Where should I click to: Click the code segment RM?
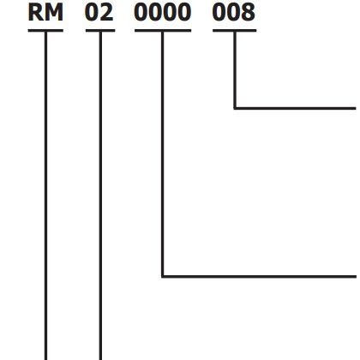tap(45, 13)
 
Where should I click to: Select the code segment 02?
tap(99, 13)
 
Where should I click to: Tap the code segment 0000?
tap(163, 13)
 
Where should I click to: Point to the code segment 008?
tap(234, 13)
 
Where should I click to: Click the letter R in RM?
tap(35, 13)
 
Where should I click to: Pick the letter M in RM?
tap(53, 13)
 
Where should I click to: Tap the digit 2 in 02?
tap(107, 13)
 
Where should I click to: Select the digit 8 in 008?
tap(249, 13)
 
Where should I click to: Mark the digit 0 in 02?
tap(92, 13)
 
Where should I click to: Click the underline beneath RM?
tap(45, 31)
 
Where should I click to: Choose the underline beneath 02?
tap(100, 31)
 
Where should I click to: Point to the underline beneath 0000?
tap(163, 31)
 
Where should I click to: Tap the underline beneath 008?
tap(235, 31)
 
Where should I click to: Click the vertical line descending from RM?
tap(45, 195)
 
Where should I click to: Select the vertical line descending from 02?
tap(100, 195)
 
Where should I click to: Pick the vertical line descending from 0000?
tap(163, 154)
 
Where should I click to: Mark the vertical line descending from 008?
tap(235, 70)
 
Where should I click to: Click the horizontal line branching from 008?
tap(295, 108)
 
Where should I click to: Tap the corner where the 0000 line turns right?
tap(163, 276)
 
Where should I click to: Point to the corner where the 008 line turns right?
tap(235, 108)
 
